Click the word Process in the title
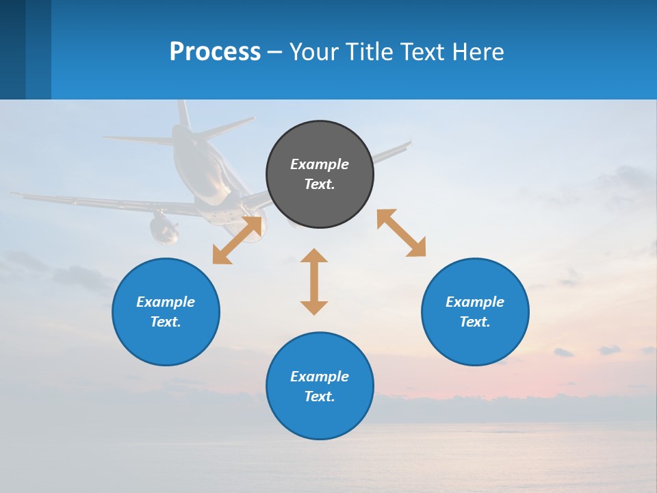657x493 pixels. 215,52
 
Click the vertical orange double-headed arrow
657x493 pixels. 314,281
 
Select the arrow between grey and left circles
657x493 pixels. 237,240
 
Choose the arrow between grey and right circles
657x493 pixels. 401,233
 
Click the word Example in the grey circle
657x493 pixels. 320,164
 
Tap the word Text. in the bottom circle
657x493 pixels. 320,396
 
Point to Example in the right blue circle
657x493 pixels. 475,302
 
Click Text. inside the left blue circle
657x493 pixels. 166,322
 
